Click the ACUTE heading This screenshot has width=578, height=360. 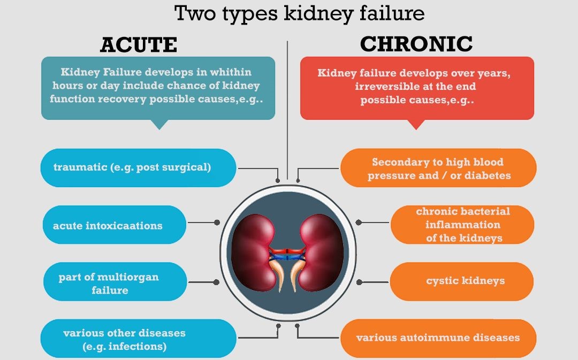138,45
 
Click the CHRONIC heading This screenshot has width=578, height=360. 416,44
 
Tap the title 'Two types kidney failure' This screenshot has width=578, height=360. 299,13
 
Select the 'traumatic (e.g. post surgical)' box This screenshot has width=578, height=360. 138,167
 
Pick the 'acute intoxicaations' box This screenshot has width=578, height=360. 114,225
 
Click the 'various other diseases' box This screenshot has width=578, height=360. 138,339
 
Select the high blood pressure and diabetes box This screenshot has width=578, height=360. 438,168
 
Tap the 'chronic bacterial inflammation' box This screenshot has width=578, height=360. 463,225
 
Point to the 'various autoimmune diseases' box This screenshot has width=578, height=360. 438,338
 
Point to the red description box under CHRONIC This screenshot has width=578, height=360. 417,88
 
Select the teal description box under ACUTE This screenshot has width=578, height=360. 158,88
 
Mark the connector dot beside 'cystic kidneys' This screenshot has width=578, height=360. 360,282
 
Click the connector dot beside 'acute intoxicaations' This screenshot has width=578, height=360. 217,222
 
